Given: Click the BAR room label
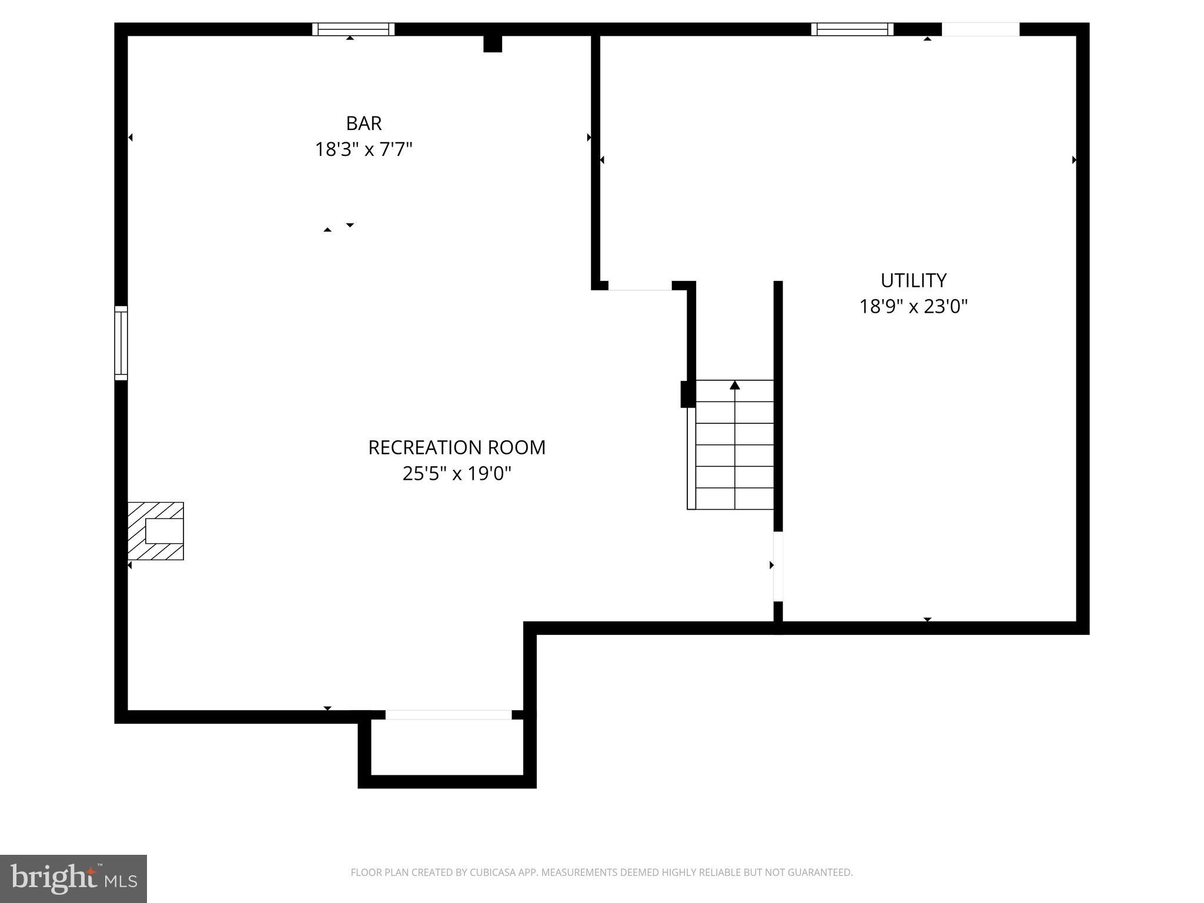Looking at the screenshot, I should click(x=363, y=123).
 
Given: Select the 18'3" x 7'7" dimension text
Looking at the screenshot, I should click(x=363, y=150).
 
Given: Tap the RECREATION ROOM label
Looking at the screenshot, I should click(x=457, y=447).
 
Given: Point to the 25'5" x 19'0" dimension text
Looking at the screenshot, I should click(x=457, y=473).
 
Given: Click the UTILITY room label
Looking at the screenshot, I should click(x=913, y=280).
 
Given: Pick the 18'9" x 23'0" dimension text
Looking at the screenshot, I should click(x=913, y=306).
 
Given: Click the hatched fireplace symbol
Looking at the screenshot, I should click(x=156, y=531).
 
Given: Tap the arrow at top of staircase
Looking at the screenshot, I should click(x=734, y=386).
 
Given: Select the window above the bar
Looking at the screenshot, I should click(x=353, y=29).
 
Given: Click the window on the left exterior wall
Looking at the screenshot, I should click(x=121, y=343).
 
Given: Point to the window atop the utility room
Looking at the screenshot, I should click(x=852, y=29).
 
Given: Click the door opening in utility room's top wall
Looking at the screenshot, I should click(x=980, y=29).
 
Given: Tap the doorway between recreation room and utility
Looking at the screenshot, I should click(x=778, y=566).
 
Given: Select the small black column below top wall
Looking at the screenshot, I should click(x=493, y=44).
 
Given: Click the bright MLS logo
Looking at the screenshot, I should click(x=73, y=878).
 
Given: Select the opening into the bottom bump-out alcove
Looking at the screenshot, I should click(x=448, y=715).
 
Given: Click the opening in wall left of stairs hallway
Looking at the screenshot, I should click(x=640, y=286).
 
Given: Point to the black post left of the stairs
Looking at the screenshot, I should click(x=687, y=394).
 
